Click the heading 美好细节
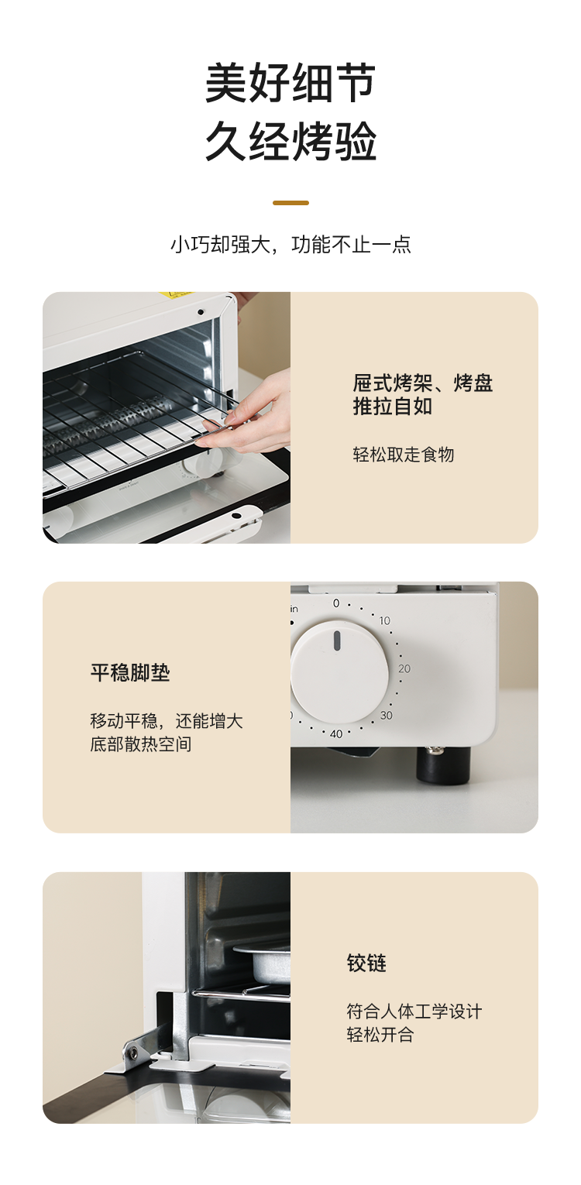pos(290,83)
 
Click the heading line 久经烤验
pos(290,141)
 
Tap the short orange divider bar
pos(290,203)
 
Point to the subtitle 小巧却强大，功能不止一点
pos(290,245)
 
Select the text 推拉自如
pos(393,407)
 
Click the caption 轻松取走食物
pos(403,455)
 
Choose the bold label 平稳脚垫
pos(130,673)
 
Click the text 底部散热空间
pos(141,744)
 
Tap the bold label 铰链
pos(366,963)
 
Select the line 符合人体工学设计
pos(414,1011)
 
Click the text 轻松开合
pos(380,1034)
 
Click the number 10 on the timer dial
pos(385,620)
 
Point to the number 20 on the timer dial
pos(404,668)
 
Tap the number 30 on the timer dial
pos(387,715)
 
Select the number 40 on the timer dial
pos(336,733)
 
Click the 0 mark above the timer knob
pos(336,603)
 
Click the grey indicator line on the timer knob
pos(336,641)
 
